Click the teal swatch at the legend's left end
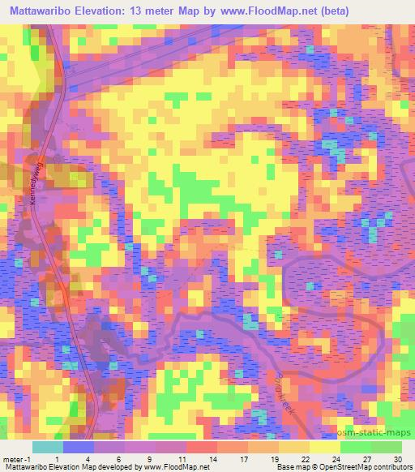[48, 446]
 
